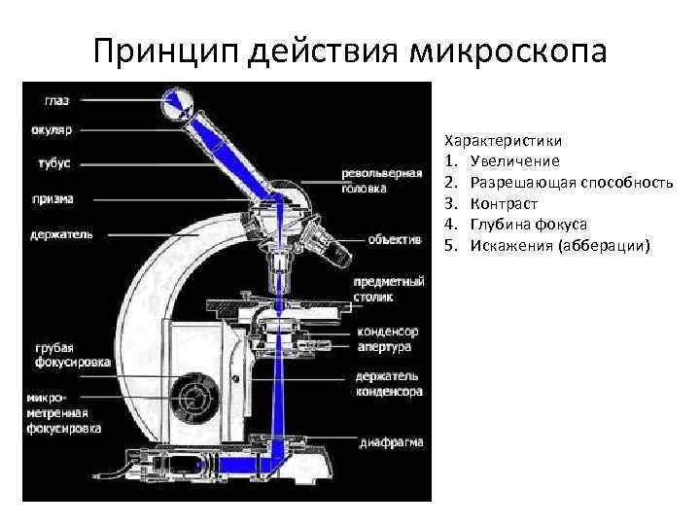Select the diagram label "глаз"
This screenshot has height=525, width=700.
(x=55, y=99)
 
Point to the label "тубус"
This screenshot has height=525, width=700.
(x=48, y=162)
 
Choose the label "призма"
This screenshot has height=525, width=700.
(x=52, y=198)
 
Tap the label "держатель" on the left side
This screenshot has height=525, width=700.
(x=60, y=233)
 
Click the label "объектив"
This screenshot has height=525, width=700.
(x=394, y=238)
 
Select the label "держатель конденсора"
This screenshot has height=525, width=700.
(x=389, y=383)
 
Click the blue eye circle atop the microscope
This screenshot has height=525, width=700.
(x=177, y=101)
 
